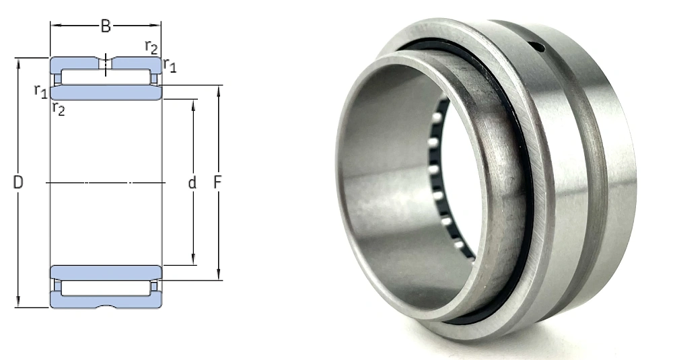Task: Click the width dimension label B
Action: click(106, 26)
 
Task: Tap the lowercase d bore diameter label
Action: click(192, 182)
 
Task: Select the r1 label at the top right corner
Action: click(170, 65)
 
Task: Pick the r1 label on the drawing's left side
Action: click(41, 91)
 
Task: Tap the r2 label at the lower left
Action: click(59, 109)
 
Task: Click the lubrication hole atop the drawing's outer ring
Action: click(106, 63)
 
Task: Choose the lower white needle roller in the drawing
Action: click(106, 287)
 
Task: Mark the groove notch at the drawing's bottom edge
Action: click(106, 306)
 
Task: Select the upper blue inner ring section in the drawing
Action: click(106, 92)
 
